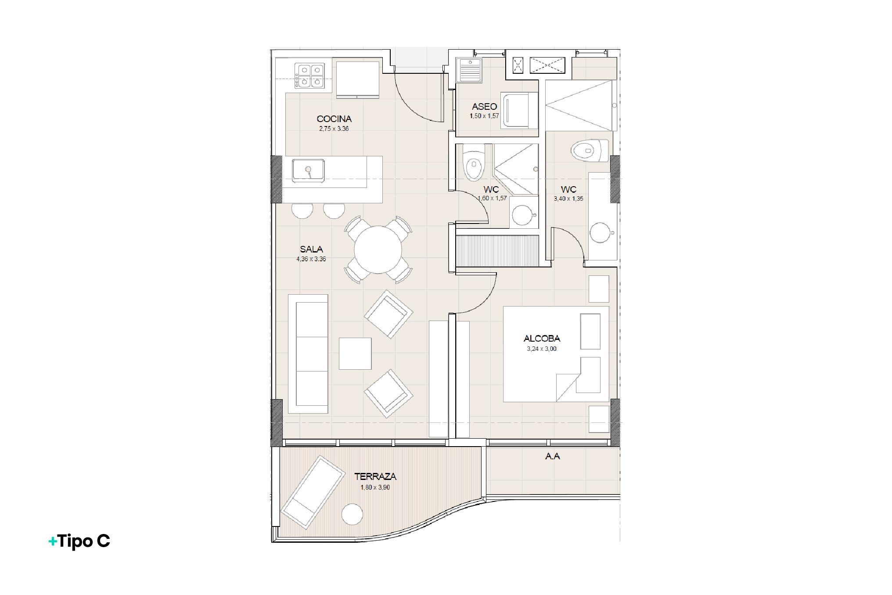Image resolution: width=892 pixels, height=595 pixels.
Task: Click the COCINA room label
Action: [334, 119]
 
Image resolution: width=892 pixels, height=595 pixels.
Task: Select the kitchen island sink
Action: [309, 170]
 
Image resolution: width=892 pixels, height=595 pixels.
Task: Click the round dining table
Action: [378, 249]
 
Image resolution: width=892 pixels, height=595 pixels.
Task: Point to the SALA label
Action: [311, 249]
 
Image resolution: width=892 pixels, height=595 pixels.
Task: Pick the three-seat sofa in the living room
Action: [308, 354]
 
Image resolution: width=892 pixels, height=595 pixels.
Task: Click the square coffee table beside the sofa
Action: [355, 353]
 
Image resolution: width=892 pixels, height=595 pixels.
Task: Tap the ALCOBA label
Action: [542, 339]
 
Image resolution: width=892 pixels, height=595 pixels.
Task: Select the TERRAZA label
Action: [375, 476]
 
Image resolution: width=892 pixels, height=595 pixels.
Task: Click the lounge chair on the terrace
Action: [313, 492]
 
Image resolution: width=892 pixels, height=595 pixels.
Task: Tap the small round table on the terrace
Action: [352, 514]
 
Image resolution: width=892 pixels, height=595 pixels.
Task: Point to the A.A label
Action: [553, 456]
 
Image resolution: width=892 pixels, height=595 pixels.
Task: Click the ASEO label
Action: [485, 106]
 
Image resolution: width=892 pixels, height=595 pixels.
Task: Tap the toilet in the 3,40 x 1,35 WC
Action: [590, 151]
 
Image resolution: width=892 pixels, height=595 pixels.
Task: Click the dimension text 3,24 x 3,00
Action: [542, 349]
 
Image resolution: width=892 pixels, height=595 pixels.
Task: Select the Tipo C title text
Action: [79, 541]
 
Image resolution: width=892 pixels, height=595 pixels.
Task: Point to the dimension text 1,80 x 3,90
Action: [375, 487]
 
